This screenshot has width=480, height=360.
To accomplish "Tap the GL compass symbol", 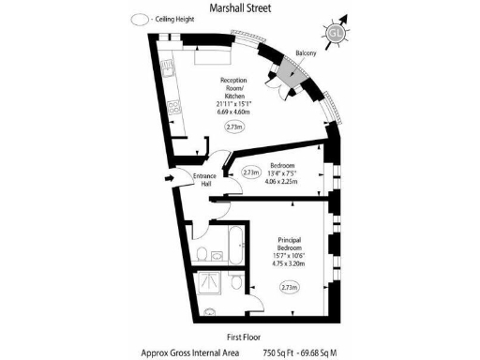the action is click(335, 35).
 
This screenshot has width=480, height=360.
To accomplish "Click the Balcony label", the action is click(306, 53).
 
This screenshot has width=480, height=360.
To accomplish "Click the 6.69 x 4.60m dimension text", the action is click(233, 112).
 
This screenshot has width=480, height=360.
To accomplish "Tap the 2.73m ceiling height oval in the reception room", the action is click(233, 127).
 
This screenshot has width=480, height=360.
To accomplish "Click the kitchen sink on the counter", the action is click(167, 67).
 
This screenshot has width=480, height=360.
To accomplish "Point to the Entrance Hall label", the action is click(204, 180).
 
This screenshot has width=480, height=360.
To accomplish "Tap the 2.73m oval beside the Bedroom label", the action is click(251, 172).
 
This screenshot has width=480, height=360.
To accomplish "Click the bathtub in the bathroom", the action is click(230, 246).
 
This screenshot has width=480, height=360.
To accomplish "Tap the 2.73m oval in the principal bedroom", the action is click(290, 288).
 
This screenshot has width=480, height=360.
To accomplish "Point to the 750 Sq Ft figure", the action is click(281, 352).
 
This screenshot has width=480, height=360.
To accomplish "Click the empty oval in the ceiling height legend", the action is click(141, 19).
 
